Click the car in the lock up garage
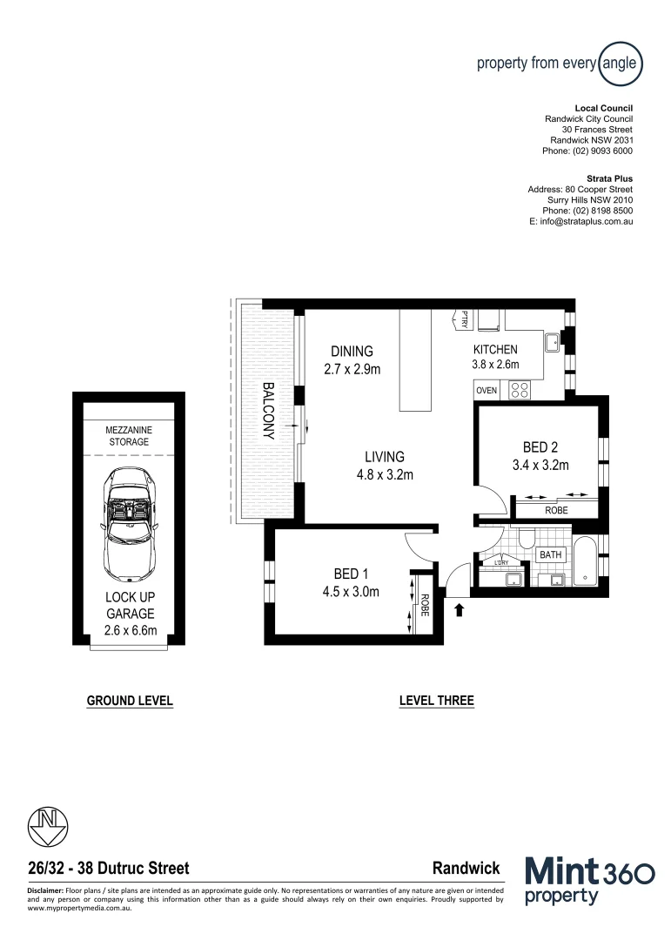[x=128, y=525]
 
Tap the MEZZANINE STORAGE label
[x=128, y=435]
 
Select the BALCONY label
[x=269, y=411]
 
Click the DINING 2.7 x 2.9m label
[x=352, y=359]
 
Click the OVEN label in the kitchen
[x=486, y=391]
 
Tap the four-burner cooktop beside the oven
[x=520, y=391]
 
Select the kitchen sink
[x=553, y=343]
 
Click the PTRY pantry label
[x=464, y=320]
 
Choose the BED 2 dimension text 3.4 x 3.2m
[x=540, y=466]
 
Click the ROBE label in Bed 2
[x=555, y=511]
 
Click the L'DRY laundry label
[x=500, y=562]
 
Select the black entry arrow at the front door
[x=460, y=611]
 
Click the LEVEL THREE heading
[x=436, y=701]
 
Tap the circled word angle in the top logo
[x=621, y=63]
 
